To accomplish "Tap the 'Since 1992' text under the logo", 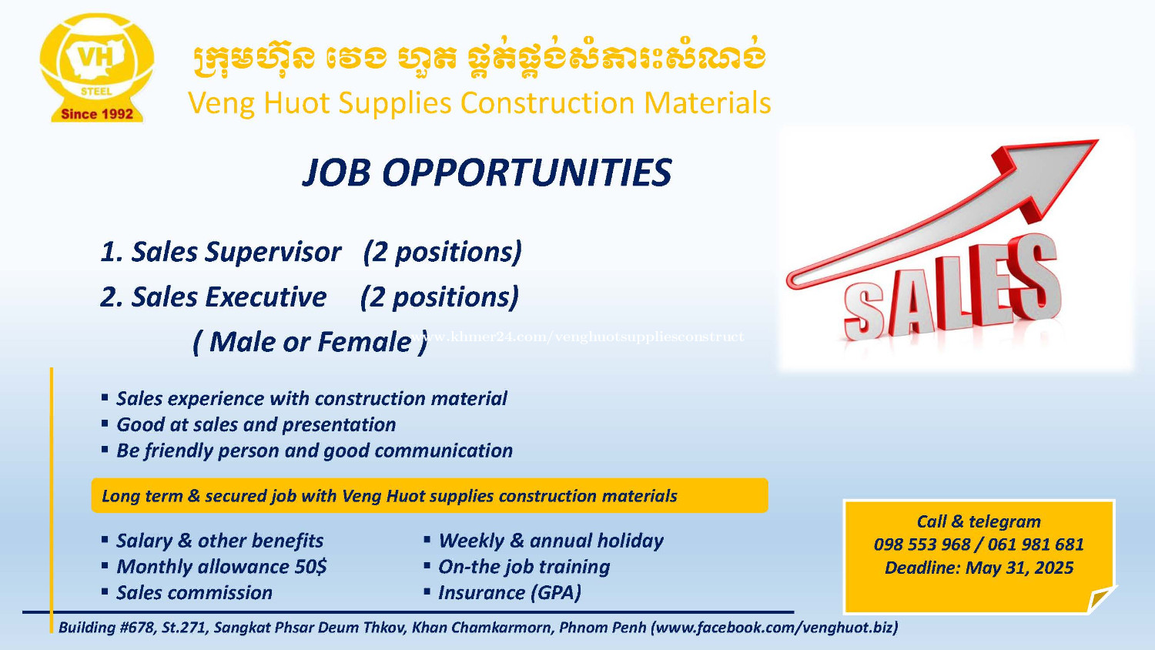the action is (97, 114).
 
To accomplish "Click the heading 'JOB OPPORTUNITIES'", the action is (487, 173).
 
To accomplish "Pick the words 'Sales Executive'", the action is (229, 297).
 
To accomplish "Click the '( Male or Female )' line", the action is (310, 342).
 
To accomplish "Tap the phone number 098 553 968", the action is (922, 544).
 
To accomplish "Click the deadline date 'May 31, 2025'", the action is (1019, 568).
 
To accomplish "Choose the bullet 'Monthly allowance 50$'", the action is (221, 566).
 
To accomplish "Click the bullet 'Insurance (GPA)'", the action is (510, 593).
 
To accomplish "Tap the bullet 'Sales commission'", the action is (194, 593).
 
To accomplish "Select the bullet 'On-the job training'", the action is (524, 567).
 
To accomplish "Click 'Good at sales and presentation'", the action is (256, 424).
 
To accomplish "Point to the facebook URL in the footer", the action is (775, 628).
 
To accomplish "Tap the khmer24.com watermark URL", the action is (577, 337).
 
